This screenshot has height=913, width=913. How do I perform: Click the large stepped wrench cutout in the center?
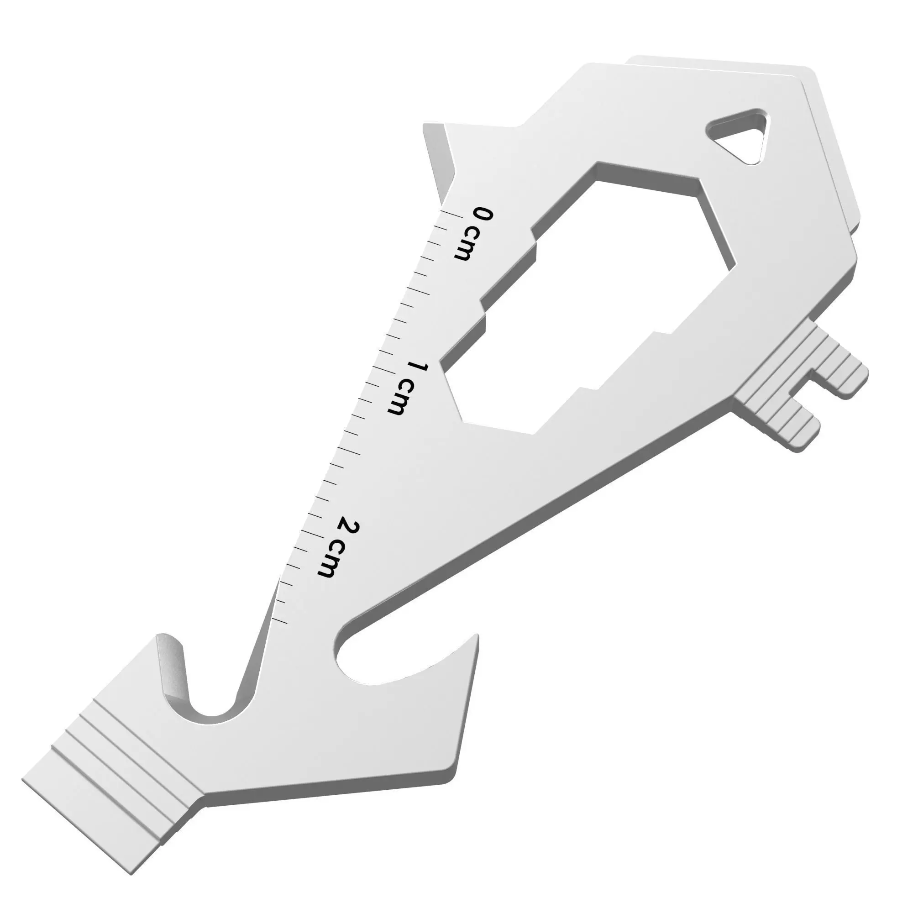[591, 303]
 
